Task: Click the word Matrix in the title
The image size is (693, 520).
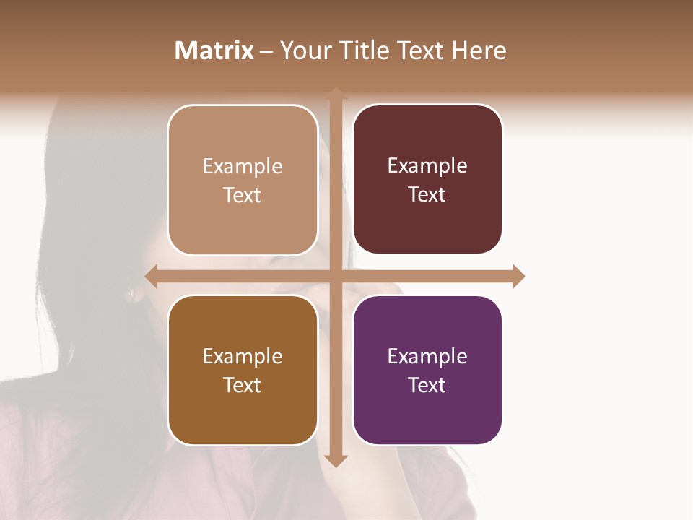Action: coord(214,51)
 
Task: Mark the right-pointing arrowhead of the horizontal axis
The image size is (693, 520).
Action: coord(518,276)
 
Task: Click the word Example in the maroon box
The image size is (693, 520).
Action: coord(427,166)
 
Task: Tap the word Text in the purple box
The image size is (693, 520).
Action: coord(427,385)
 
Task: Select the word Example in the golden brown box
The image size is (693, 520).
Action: coord(243,356)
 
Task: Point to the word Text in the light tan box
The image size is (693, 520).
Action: coord(243,195)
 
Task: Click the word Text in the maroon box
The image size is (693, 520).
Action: coord(427,194)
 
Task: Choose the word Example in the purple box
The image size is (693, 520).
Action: coord(427,356)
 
